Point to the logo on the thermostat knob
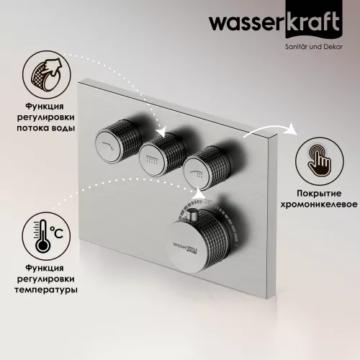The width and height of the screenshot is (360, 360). coord(186,248)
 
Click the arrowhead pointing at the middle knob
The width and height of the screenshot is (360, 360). coord(163,132)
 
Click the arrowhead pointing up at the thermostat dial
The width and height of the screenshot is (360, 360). coord(198,193)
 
